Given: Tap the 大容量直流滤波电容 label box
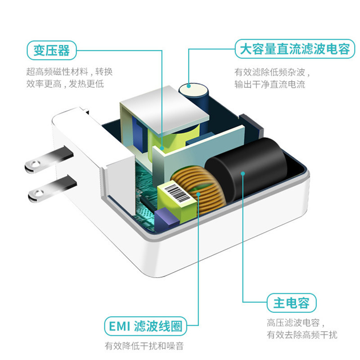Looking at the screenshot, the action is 292,48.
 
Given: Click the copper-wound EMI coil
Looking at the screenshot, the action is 200,189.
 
